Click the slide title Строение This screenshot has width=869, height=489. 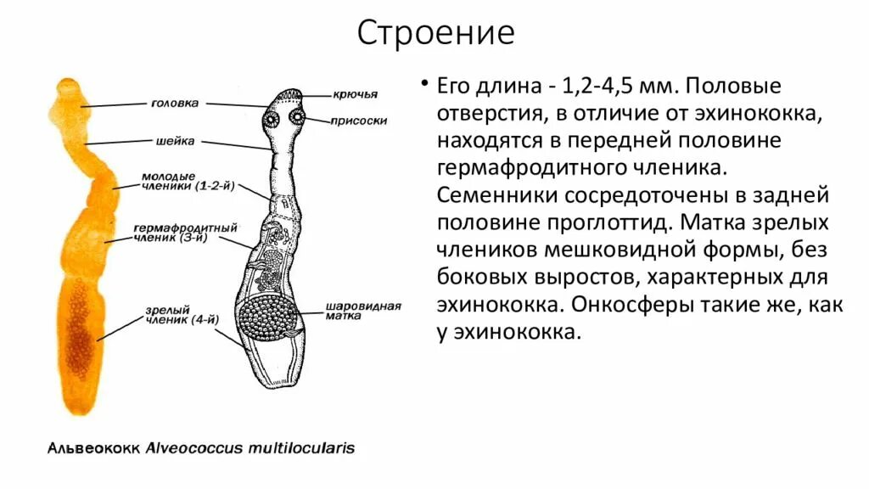(434, 34)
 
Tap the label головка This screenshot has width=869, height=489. (175, 103)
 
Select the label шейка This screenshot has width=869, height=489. (176, 141)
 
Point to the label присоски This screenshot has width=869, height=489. (361, 121)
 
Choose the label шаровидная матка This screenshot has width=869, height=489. (351, 310)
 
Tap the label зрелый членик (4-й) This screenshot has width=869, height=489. (172, 315)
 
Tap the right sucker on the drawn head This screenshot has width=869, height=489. (298, 116)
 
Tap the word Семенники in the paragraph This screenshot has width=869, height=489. (496, 195)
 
